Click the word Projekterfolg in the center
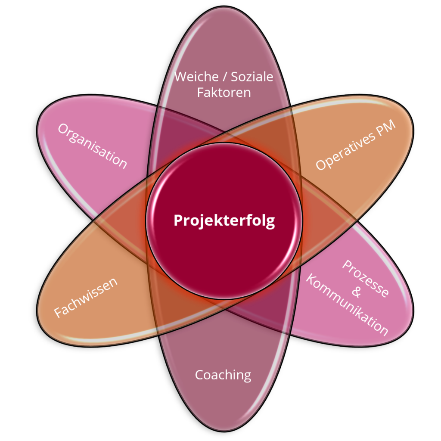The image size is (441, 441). (x=224, y=220)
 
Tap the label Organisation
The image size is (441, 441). (x=93, y=146)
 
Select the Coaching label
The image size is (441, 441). (x=223, y=375)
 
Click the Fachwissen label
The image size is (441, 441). (x=86, y=298)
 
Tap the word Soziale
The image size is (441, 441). (x=252, y=77)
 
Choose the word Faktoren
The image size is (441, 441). (x=224, y=92)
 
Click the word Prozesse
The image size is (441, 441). (x=366, y=278)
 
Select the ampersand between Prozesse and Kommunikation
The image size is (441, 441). (x=356, y=292)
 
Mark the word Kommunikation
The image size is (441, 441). (x=347, y=306)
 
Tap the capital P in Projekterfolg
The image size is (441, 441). (x=177, y=220)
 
